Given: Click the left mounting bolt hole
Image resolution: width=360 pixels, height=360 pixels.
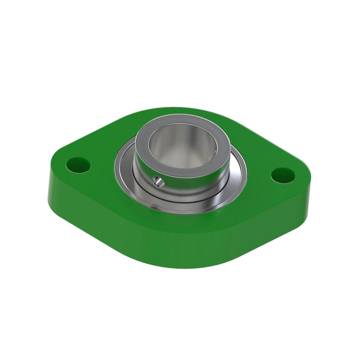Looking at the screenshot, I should pyautogui.click(x=78, y=164).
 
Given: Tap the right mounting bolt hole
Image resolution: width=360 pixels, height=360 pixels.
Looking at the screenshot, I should pyautogui.click(x=282, y=175).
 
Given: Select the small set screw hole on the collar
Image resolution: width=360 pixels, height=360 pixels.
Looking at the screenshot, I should pyautogui.click(x=158, y=181).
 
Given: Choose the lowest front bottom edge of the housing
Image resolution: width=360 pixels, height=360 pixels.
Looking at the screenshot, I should pyautogui.click(x=183, y=268).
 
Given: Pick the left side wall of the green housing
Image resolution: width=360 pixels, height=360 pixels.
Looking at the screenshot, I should pyautogui.click(x=61, y=194).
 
